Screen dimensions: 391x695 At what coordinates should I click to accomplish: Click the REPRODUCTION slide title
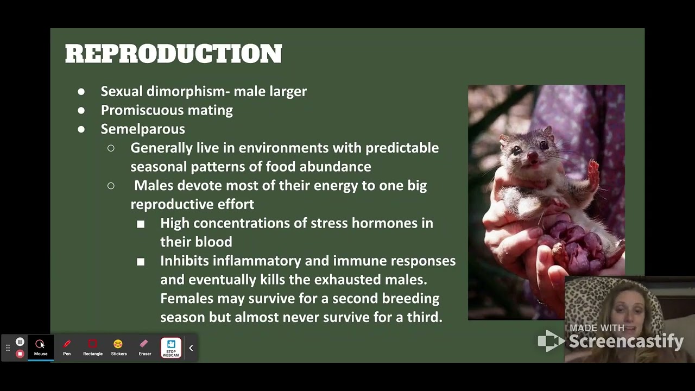[173, 54]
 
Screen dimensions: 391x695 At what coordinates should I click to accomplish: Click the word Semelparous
[143, 129]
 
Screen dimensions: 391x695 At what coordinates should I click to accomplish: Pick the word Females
[186, 299]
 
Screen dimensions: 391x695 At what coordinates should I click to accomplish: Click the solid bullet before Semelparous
[81, 129]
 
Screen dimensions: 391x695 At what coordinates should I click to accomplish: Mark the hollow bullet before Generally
[111, 148]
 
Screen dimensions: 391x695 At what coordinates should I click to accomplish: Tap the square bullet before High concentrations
[141, 224]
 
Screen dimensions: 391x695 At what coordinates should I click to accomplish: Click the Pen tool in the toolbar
[67, 347]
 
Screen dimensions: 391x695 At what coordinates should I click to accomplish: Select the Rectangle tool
[92, 347]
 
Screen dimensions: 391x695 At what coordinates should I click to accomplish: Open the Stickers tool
[118, 347]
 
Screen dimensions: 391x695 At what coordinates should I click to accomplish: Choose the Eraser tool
[144, 347]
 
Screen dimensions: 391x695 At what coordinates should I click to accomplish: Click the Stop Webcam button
[171, 348]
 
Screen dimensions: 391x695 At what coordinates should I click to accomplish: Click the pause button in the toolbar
[20, 342]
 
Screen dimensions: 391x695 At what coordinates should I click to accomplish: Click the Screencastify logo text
[625, 341]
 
